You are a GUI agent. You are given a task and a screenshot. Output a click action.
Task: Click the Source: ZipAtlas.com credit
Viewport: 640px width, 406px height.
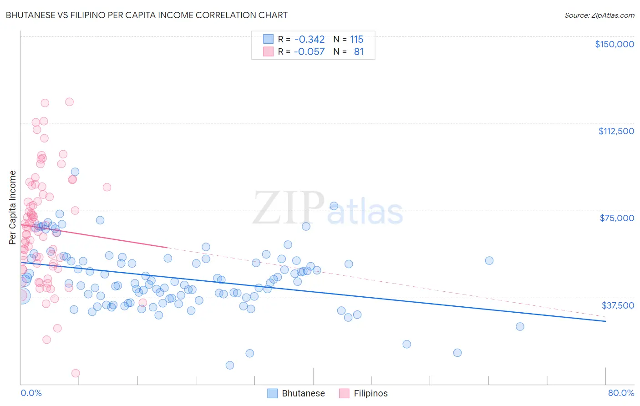click(599, 15)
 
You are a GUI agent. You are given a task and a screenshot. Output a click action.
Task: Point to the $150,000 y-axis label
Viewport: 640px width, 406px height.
click(614, 44)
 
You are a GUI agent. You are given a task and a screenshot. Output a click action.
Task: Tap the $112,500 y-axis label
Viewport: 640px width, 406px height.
click(616, 131)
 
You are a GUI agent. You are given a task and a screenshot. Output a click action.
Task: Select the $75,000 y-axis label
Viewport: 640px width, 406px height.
click(616, 218)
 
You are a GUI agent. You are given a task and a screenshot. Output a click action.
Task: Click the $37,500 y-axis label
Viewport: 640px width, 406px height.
click(617, 305)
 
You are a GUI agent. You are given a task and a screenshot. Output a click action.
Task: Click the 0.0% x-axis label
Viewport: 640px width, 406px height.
click(31, 393)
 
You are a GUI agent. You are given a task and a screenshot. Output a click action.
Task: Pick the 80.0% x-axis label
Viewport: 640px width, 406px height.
click(620, 393)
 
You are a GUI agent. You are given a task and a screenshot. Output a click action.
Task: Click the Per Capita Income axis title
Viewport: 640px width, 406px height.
click(13, 208)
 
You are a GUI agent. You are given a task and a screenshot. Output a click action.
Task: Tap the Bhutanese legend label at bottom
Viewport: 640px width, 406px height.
click(303, 393)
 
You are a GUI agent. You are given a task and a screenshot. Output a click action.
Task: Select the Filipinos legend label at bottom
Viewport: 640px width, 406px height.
click(371, 393)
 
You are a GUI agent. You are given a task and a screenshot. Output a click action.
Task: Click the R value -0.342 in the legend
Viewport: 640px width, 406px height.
click(310, 40)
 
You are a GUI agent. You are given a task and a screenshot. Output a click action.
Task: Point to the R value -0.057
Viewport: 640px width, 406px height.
click(310, 52)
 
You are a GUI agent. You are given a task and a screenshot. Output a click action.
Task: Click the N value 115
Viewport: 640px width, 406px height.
click(356, 40)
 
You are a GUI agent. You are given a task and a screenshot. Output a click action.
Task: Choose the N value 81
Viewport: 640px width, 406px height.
click(359, 52)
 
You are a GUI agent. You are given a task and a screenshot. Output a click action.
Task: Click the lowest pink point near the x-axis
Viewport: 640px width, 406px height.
click(76, 373)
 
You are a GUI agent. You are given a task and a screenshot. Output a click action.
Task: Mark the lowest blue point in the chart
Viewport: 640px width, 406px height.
click(230, 365)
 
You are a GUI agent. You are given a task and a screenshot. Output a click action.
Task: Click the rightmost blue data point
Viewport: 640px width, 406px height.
click(520, 326)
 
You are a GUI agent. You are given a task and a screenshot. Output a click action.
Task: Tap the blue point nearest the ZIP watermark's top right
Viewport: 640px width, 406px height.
click(334, 206)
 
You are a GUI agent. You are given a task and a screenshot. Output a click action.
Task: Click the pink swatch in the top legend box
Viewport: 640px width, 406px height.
click(268, 51)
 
